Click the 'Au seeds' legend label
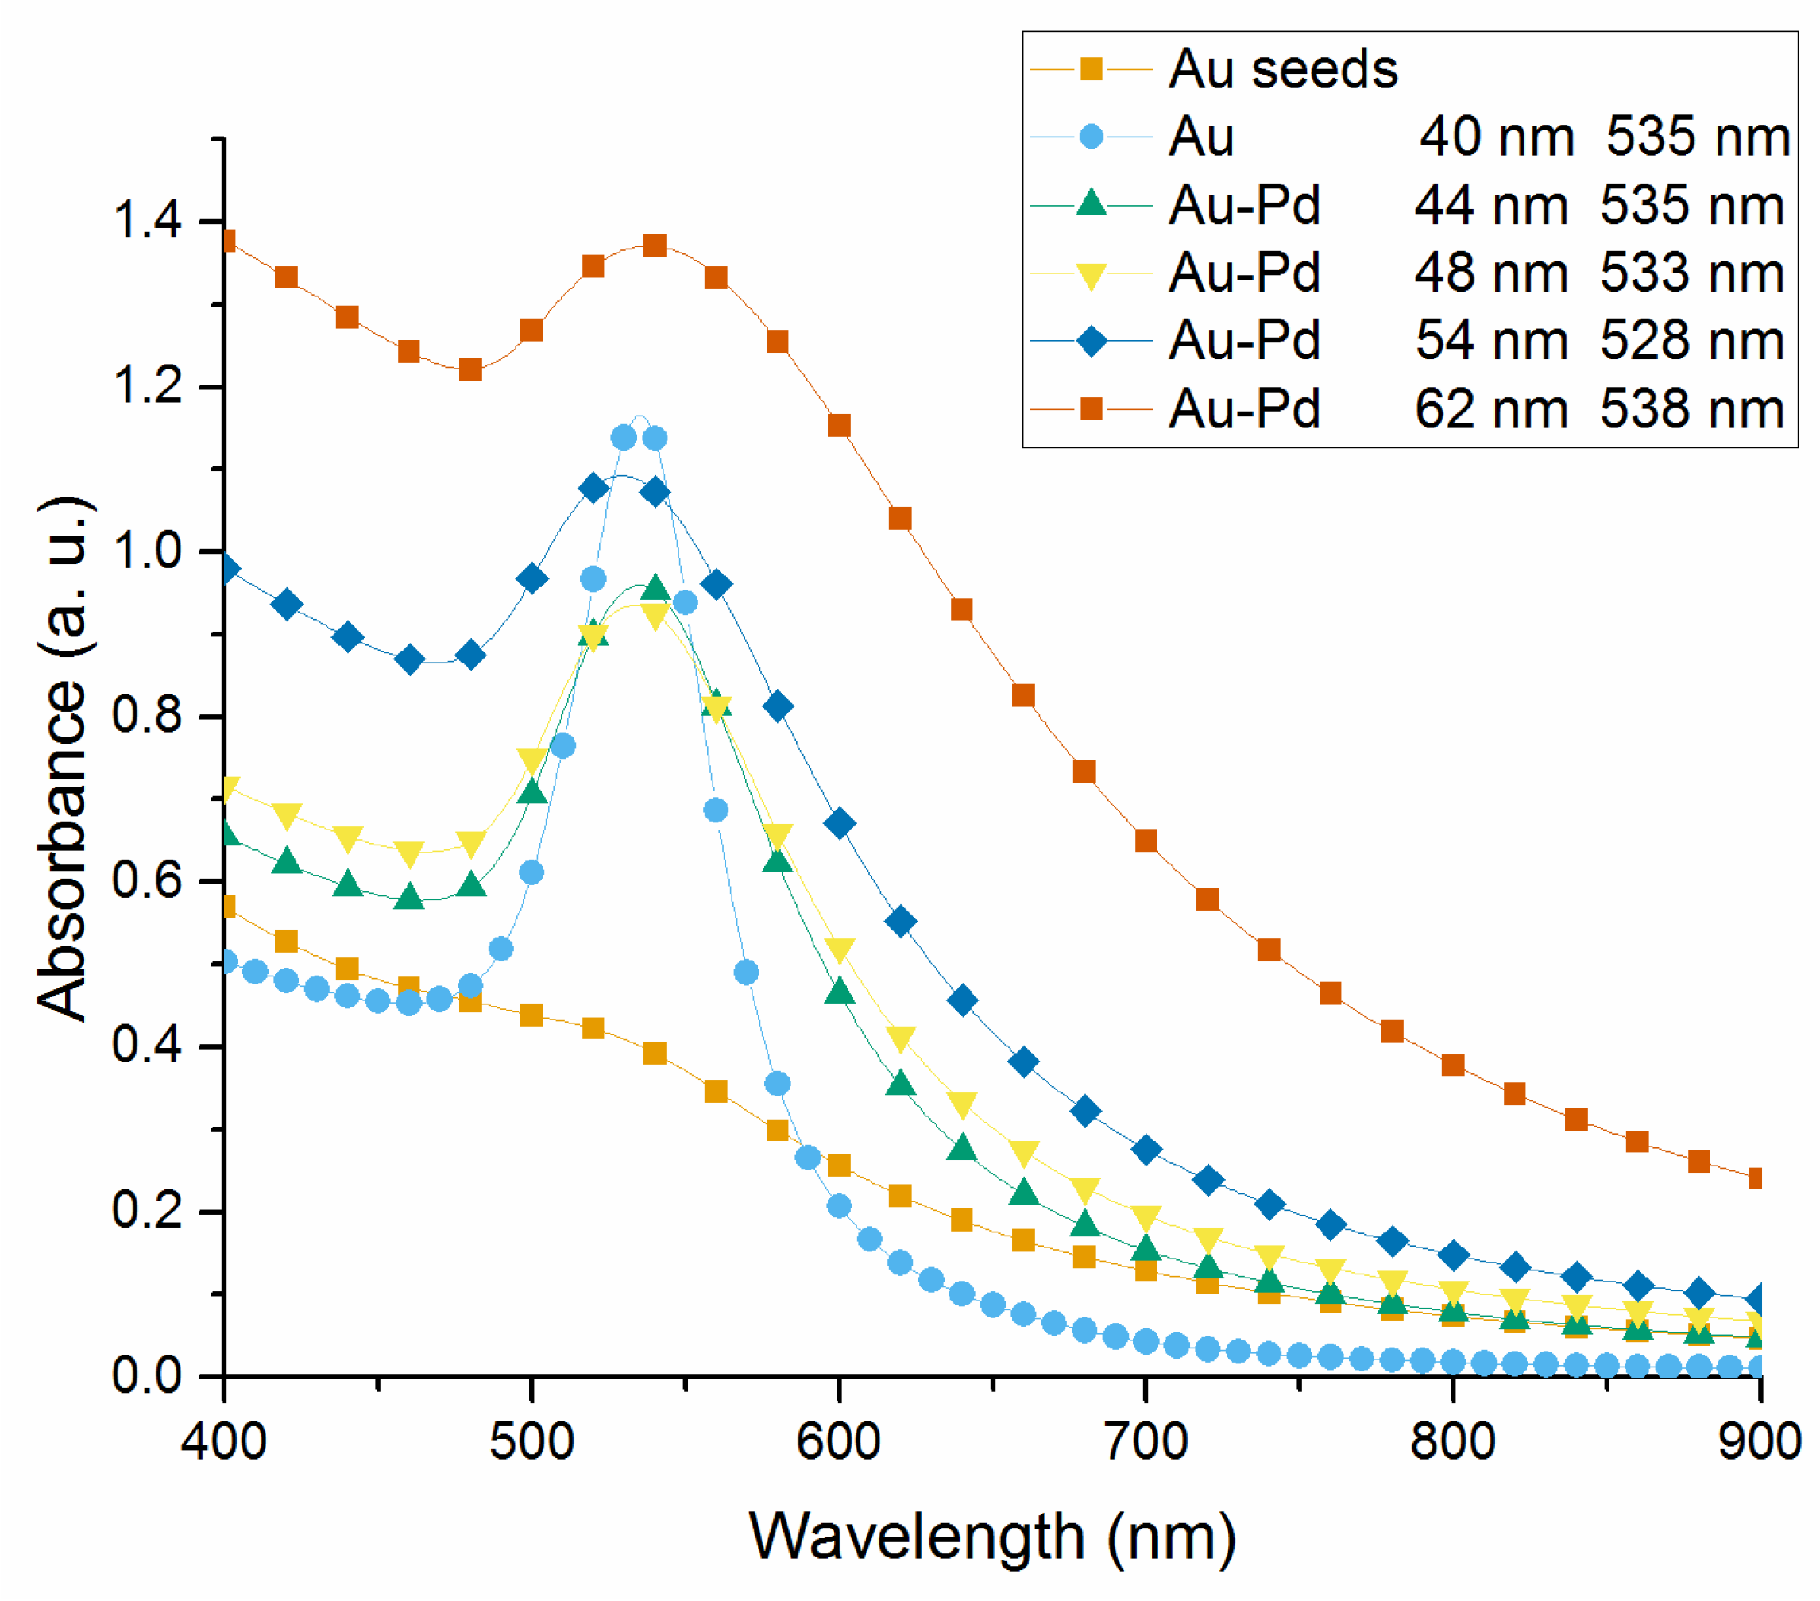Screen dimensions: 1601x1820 [1282, 69]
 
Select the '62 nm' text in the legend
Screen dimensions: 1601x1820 [1490, 410]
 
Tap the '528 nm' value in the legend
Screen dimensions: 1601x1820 [1692, 341]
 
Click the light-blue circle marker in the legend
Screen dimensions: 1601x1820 [1091, 137]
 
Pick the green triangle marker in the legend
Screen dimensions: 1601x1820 [1091, 205]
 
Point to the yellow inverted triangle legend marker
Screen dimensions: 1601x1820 [1091, 274]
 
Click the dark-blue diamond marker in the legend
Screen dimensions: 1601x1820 [1091, 341]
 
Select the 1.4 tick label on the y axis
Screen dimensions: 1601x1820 [147, 220]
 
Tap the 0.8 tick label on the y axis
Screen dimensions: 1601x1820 [147, 716]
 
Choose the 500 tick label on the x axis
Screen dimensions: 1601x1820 [531, 1441]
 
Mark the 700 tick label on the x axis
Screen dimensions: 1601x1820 [1146, 1441]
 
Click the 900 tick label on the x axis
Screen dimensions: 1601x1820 [1759, 1441]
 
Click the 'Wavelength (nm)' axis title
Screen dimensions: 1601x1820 [992, 1537]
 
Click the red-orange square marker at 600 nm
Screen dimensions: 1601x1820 [839, 426]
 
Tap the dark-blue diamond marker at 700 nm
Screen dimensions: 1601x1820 [1146, 1150]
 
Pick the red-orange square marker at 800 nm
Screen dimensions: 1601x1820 [1453, 1065]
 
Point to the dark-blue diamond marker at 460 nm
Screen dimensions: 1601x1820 [408, 659]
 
